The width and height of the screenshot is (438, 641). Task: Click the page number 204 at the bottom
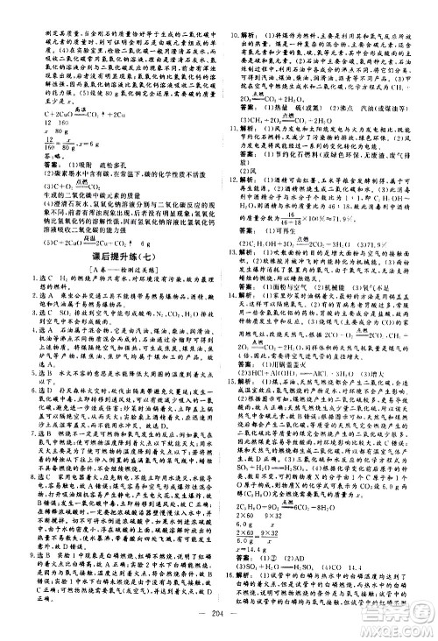pyautogui.click(x=220, y=613)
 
